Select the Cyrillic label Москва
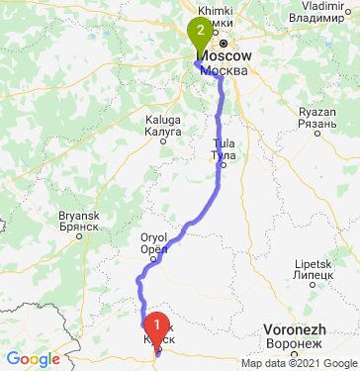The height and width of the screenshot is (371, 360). tap(223, 71)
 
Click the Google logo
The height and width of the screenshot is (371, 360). tap(33, 358)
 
